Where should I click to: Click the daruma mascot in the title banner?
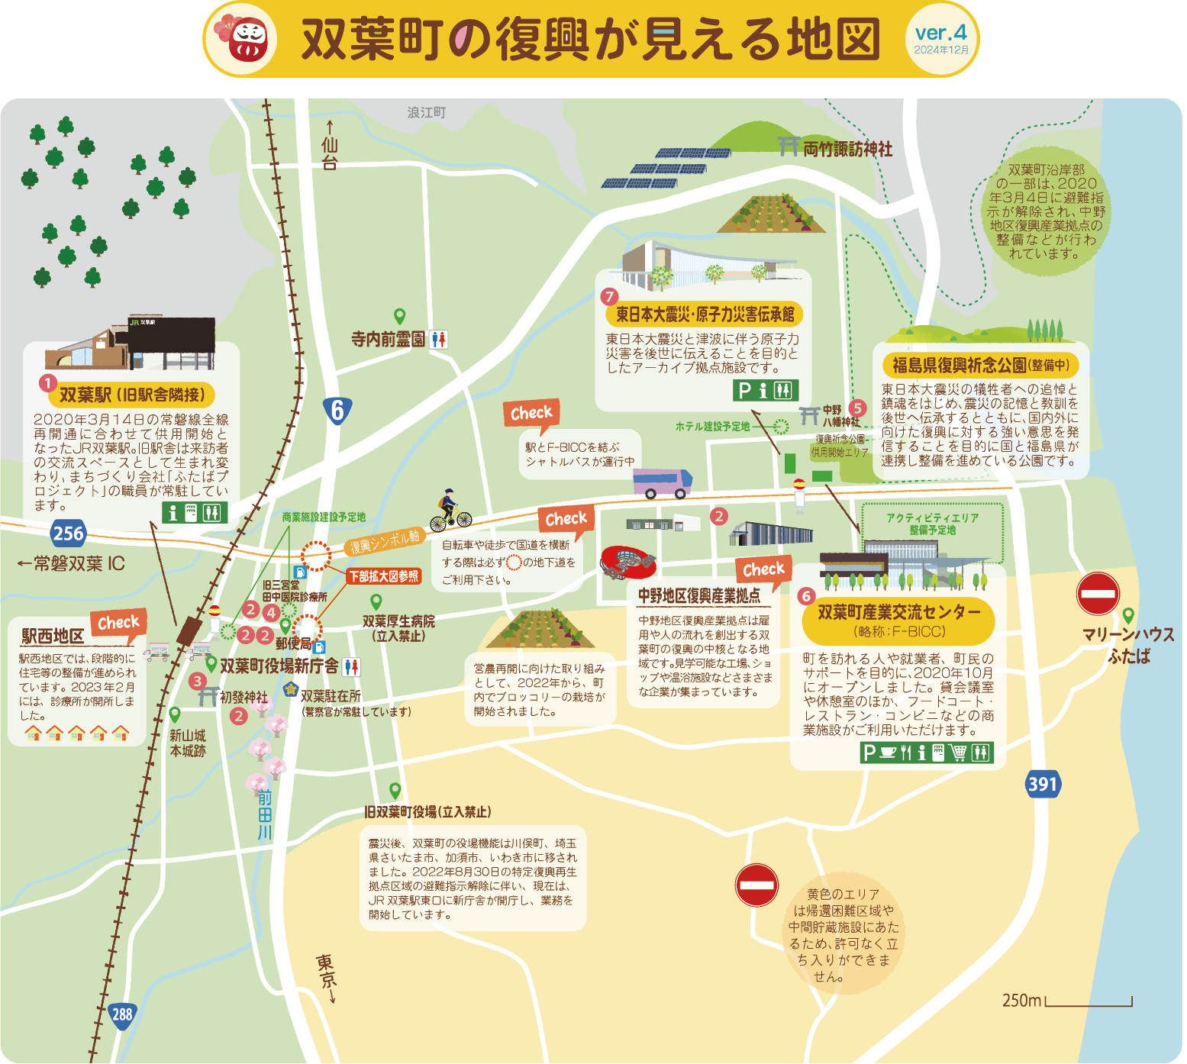click(x=249, y=40)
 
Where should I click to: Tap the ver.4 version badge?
click(x=940, y=38)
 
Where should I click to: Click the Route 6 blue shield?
click(x=337, y=410)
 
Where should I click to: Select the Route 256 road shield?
click(x=68, y=533)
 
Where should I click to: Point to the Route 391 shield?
click(x=1042, y=784)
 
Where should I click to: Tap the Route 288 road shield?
click(x=122, y=1014)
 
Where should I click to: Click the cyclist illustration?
click(x=450, y=511)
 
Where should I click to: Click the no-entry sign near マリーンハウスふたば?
click(x=1098, y=593)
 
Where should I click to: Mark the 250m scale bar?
click(x=1088, y=1001)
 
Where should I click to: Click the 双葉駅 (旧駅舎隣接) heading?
click(x=131, y=395)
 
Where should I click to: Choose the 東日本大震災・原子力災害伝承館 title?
click(x=705, y=314)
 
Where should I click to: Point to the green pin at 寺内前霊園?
click(x=399, y=316)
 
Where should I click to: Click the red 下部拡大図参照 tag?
click(x=384, y=576)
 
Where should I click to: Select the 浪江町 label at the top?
click(x=427, y=112)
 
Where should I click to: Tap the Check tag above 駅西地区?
click(x=118, y=623)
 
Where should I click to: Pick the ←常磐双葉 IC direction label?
click(x=71, y=563)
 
